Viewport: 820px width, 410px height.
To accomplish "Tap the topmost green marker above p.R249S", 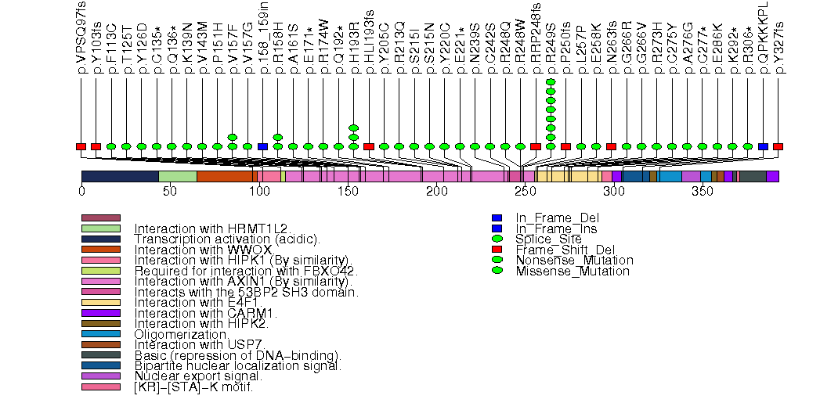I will pyautogui.click(x=551, y=82).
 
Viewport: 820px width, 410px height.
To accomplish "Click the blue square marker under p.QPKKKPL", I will pyautogui.click(x=763, y=146).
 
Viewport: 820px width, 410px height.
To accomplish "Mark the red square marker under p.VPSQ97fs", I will pyautogui.click(x=81, y=146).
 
